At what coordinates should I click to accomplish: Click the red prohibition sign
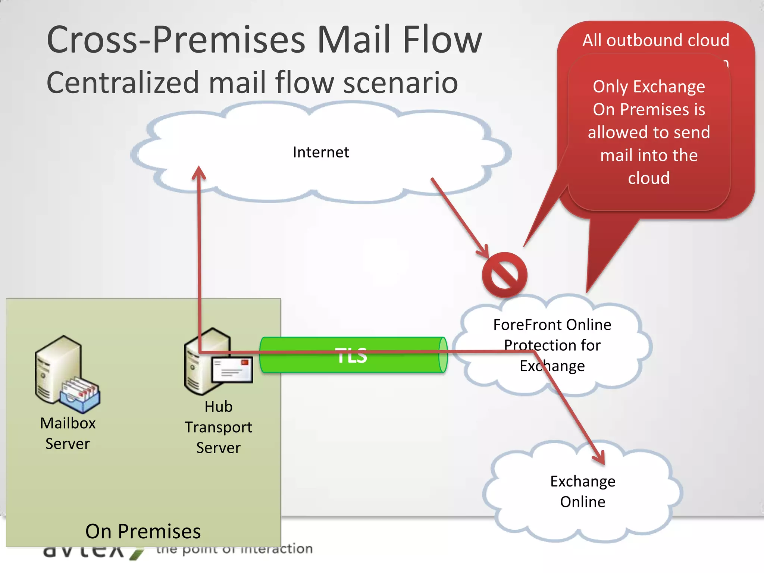coord(504,275)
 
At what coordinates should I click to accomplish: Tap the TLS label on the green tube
coord(351,355)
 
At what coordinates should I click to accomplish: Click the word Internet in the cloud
coord(321,152)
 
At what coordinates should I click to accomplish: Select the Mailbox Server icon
coord(63,373)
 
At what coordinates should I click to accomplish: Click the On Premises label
coord(143,531)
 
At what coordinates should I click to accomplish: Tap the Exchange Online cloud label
coord(583,491)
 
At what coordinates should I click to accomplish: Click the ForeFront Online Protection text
coord(552,345)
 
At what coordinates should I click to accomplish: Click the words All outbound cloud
coord(656,40)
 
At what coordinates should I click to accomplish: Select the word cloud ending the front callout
coord(649,178)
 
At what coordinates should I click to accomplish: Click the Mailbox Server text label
coord(68,433)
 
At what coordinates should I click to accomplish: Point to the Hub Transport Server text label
coord(218,427)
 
